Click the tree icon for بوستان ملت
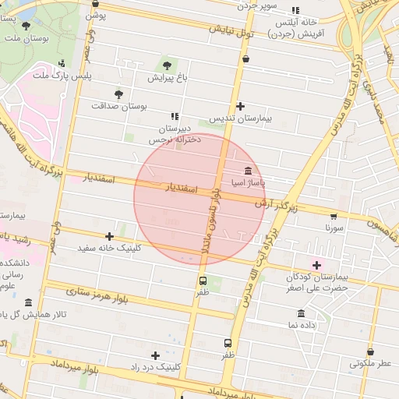(26, 26)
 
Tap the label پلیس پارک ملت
(62, 76)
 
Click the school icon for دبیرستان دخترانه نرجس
(175, 115)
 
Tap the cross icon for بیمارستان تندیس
(240, 106)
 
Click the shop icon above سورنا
(334, 217)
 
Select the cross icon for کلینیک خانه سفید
(109, 236)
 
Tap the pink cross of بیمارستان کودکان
(316, 265)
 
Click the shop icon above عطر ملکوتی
(370, 351)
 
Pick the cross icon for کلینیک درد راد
(156, 355)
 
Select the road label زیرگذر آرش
(277, 205)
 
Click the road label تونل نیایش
(231, 31)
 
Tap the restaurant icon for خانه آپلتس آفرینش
(295, 11)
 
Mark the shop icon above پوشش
(95, 3)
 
